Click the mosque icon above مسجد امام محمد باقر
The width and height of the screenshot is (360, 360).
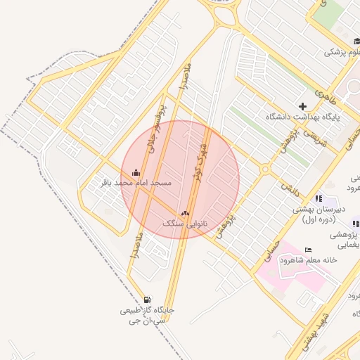pos(136,172)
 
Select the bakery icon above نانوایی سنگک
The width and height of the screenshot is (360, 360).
pos(185,212)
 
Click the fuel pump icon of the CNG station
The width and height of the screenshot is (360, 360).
pos(147,300)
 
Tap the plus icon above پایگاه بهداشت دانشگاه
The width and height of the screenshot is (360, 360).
pos(303,106)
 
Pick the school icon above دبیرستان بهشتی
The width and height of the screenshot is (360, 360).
pos(319,198)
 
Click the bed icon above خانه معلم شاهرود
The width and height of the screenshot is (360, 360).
pos(308,250)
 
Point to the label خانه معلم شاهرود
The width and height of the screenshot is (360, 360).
pos(308,260)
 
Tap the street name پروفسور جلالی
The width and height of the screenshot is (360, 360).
pos(155,127)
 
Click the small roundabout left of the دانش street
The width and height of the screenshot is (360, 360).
pos(265,169)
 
